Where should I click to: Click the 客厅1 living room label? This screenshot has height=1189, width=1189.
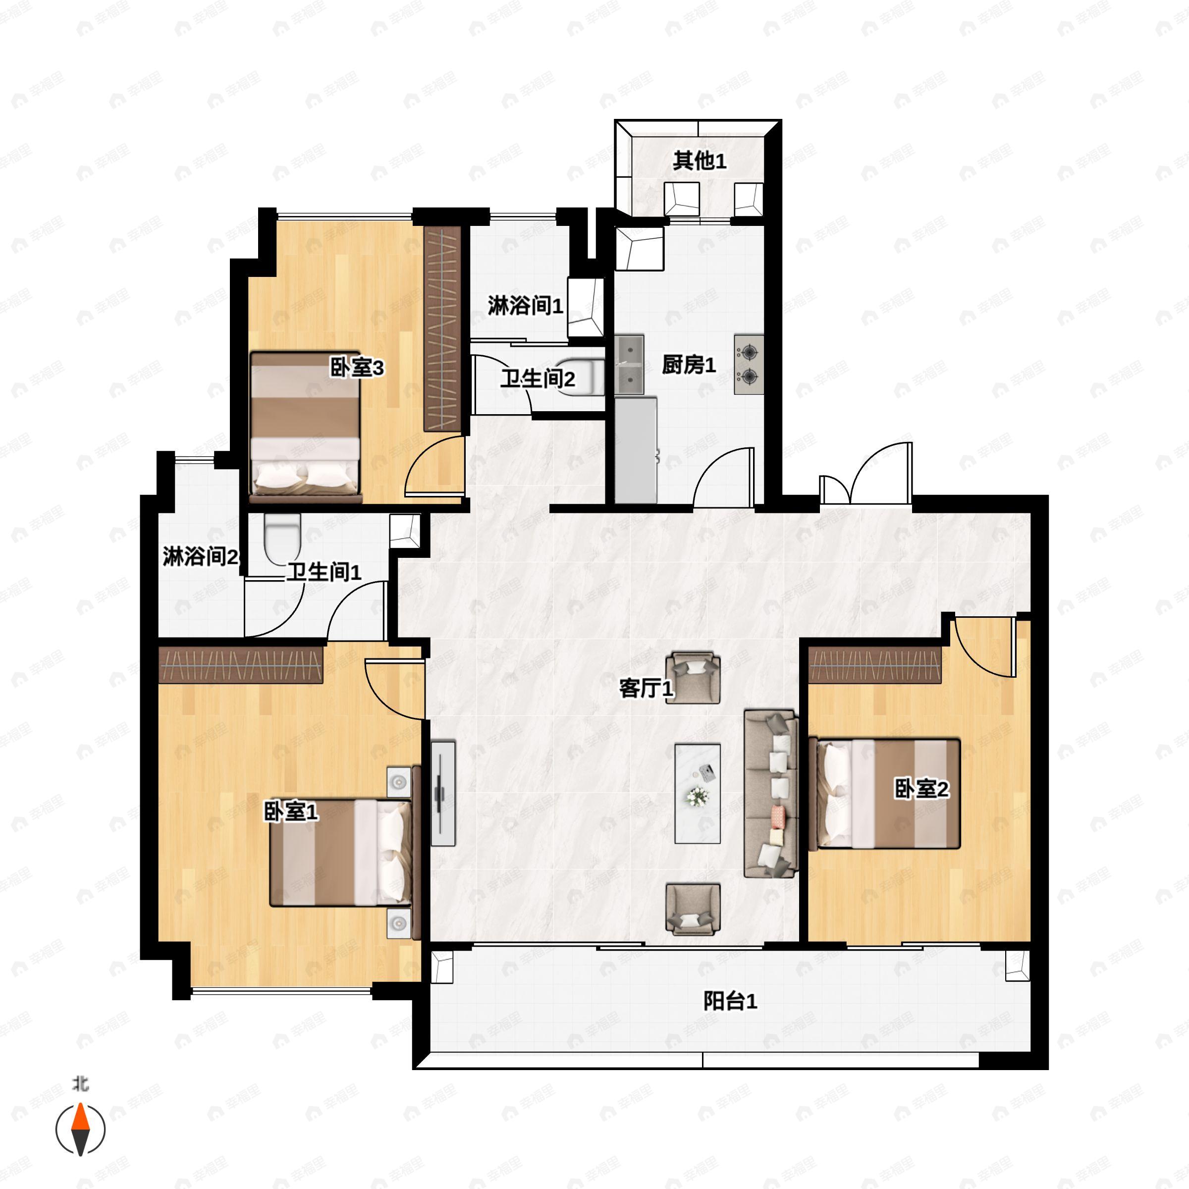coord(646,688)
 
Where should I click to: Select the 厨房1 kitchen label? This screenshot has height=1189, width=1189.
coord(689,365)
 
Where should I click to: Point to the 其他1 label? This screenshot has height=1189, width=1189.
coord(699,161)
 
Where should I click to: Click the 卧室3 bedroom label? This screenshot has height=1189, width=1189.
coord(357,368)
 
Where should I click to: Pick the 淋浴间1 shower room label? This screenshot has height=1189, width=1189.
coord(526,305)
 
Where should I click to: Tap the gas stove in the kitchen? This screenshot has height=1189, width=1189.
coord(749,364)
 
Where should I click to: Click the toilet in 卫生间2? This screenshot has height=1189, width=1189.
coord(582,377)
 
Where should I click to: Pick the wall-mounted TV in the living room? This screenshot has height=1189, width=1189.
coord(442,793)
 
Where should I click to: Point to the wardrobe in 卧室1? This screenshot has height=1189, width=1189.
coord(241,665)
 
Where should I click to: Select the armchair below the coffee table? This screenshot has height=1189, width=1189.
coord(693,909)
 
